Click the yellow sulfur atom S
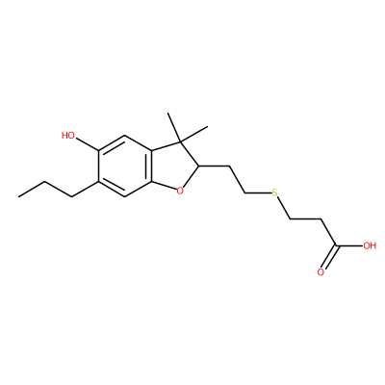pyautogui.click(x=274, y=192)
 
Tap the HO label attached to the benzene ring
pyautogui.click(x=68, y=136)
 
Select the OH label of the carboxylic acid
pyautogui.click(x=370, y=246)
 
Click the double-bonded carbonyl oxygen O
pyautogui.click(x=321, y=272)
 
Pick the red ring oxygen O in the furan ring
pyautogui.click(x=180, y=191)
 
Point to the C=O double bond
pyautogui.click(x=328, y=259)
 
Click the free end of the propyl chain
pyautogui.click(x=18, y=196)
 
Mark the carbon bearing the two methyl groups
pyautogui.click(x=181, y=141)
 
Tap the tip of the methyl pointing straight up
pyautogui.click(x=168, y=113)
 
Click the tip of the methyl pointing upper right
pyautogui.click(x=208, y=127)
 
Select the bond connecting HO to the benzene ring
pyautogui.click(x=87, y=143)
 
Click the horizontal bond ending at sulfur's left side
pyautogui.click(x=258, y=193)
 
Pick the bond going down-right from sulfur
pyautogui.click(x=284, y=209)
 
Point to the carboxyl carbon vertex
pyautogui.click(x=336, y=246)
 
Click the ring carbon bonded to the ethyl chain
pyautogui.click(x=199, y=166)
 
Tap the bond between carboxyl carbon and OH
pyautogui.click(x=349, y=246)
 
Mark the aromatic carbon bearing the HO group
pyautogui.click(x=98, y=150)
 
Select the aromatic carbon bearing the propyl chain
pyautogui.click(x=98, y=182)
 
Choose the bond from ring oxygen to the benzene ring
pyautogui.click(x=165, y=186)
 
